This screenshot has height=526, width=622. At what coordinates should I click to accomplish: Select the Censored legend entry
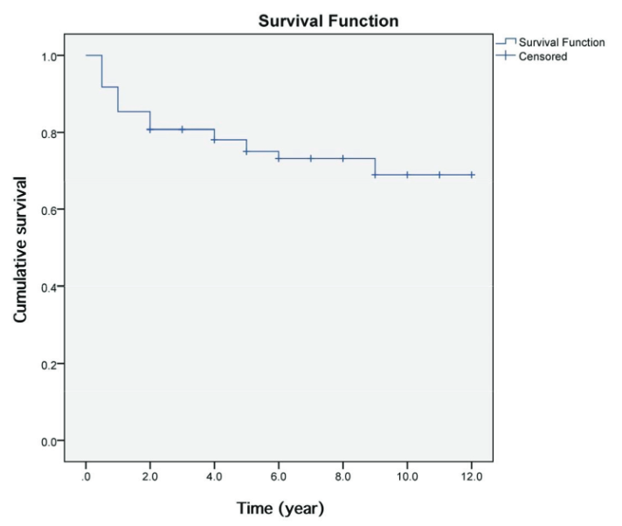(543, 57)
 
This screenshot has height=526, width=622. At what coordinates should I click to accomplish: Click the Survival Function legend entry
(562, 42)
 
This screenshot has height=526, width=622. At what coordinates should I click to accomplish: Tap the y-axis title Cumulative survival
(21, 248)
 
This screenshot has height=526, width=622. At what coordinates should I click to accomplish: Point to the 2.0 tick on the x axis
(150, 476)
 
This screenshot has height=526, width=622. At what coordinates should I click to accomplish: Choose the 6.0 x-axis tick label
(279, 476)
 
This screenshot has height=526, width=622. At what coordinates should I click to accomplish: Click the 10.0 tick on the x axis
(407, 476)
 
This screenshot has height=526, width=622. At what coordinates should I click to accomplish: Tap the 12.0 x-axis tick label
(471, 476)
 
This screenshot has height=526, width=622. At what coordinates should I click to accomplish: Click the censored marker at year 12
(472, 175)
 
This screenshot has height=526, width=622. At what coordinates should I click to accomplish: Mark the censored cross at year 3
(183, 129)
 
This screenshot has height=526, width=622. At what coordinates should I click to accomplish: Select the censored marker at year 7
(311, 158)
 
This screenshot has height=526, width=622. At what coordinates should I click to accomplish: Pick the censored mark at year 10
(407, 175)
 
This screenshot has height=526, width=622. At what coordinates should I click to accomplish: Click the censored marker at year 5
(246, 151)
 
